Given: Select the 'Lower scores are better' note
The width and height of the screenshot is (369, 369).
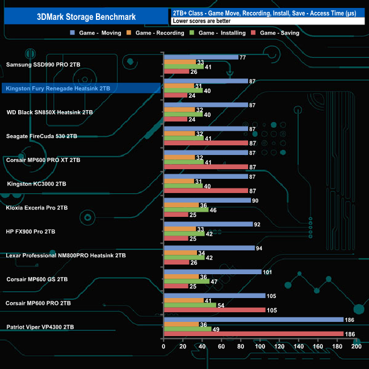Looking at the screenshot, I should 201,21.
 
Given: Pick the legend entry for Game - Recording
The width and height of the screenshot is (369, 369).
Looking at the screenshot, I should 159,33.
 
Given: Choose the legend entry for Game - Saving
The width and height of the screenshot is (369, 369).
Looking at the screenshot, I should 278,33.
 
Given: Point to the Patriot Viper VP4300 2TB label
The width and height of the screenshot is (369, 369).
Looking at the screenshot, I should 40,327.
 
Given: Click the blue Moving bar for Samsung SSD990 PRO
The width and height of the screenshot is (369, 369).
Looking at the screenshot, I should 200,57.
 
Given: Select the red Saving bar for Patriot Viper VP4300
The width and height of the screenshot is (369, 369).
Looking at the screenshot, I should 253,334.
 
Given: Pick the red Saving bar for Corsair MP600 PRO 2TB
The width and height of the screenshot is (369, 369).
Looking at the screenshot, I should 214,310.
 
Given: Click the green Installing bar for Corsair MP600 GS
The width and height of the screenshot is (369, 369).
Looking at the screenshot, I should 186,281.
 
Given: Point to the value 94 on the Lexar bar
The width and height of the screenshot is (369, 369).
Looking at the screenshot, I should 259,248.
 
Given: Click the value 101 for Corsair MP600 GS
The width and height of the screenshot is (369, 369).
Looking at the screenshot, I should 267,272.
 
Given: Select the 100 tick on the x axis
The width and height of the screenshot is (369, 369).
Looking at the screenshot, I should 260,346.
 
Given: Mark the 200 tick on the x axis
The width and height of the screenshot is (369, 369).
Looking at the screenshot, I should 356,346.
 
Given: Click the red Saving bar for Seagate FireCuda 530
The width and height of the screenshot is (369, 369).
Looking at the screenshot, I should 206,143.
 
